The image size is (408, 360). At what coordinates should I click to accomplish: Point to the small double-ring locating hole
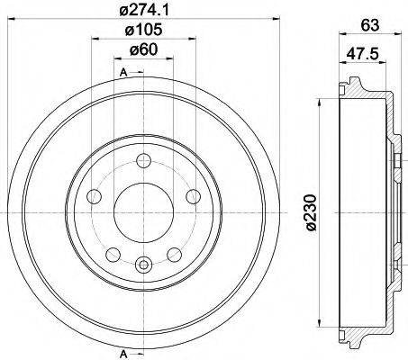click(x=143, y=264)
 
